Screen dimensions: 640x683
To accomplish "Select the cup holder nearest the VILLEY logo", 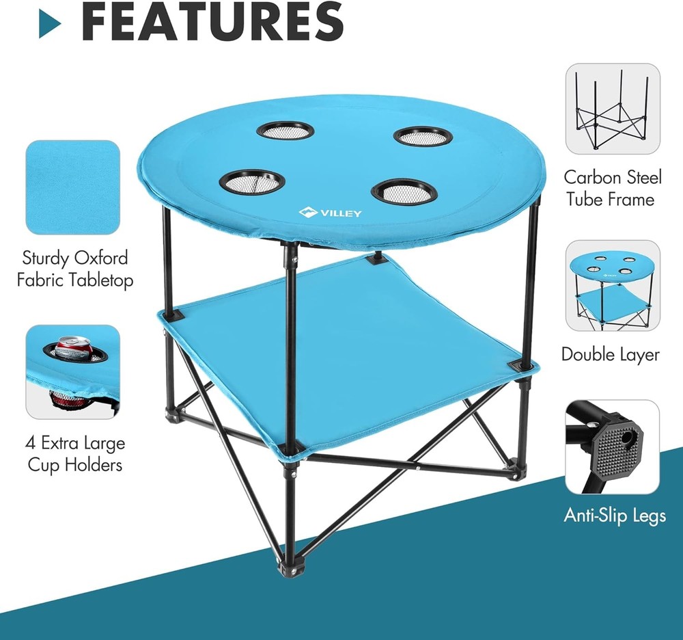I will [404, 191].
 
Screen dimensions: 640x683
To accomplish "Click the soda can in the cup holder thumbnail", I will [73, 349].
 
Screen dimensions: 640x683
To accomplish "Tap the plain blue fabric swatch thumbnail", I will [72, 187].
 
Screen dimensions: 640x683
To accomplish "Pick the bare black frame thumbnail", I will [612, 109].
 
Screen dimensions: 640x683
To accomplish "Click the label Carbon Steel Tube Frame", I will [613, 189].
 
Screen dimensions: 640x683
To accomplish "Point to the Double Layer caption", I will [611, 354].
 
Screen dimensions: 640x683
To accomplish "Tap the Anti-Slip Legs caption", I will [614, 515].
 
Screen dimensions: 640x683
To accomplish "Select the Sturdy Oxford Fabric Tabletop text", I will [75, 269].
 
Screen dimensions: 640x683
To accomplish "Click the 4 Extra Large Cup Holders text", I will [75, 453].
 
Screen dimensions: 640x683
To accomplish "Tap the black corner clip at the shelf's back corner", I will [375, 259].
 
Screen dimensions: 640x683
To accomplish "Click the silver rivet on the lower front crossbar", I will [416, 470].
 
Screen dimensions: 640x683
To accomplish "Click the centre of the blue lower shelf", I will [348, 356].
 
